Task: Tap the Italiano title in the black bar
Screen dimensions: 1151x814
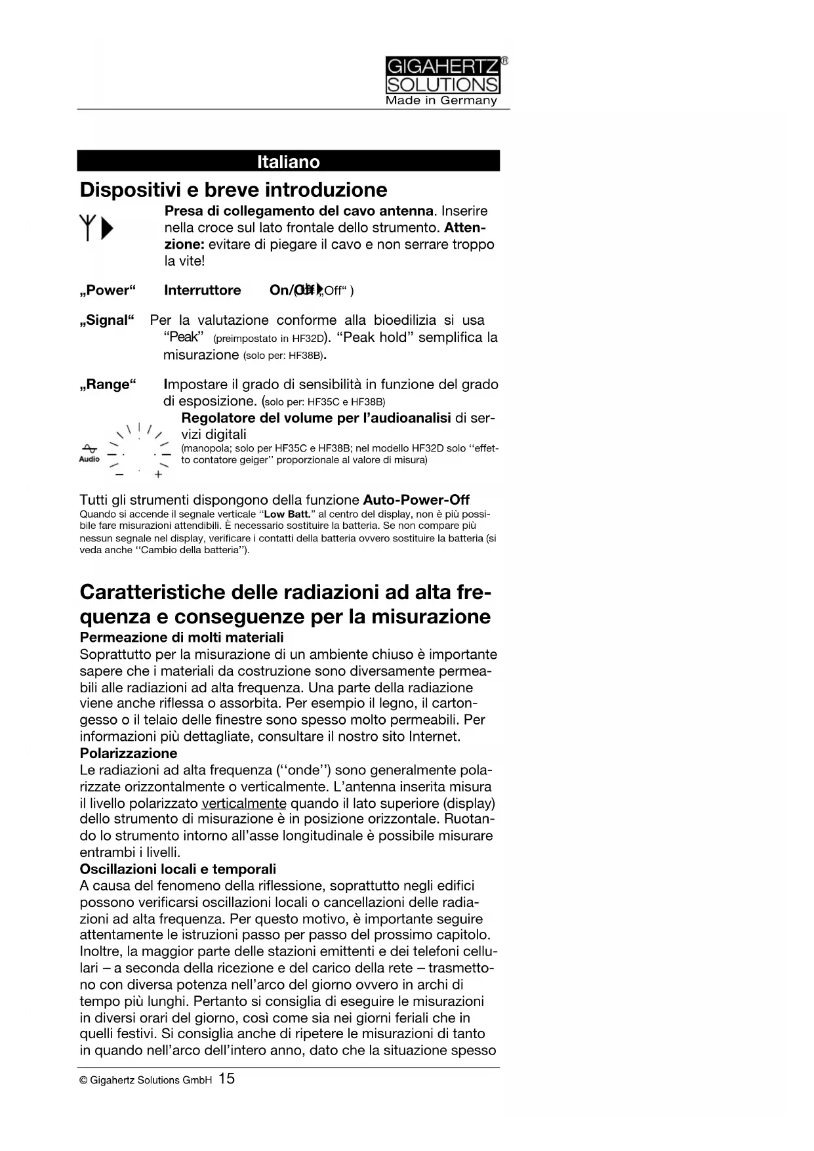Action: [288, 161]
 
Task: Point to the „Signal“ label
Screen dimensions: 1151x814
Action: [107, 320]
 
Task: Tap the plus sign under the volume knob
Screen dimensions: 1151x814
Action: [158, 474]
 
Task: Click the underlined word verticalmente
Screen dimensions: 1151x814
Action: [244, 803]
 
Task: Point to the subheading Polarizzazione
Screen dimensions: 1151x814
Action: [129, 753]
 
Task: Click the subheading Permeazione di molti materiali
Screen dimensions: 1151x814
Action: [182, 637]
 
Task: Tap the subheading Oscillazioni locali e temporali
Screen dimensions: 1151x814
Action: [178, 869]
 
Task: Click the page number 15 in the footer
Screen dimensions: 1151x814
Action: [226, 1078]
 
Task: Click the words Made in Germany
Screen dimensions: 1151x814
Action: [441, 100]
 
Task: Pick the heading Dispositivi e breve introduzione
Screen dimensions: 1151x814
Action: [234, 190]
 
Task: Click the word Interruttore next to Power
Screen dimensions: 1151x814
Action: [202, 290]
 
